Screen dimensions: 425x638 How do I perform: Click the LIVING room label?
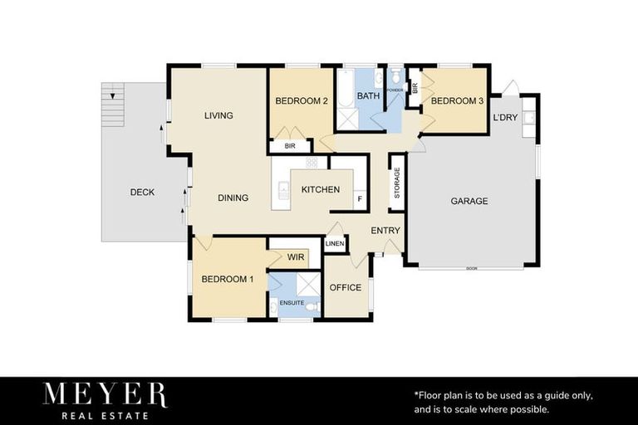pos(218,115)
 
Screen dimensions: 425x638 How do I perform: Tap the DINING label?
pos(233,198)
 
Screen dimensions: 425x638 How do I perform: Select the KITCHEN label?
pos(320,189)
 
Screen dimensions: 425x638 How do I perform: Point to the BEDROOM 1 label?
pos(228,279)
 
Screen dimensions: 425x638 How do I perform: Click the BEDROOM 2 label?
pos(301,100)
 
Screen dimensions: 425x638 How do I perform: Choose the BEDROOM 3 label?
pos(456,100)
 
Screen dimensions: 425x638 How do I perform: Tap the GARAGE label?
pos(469,201)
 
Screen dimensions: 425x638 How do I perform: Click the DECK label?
pos(142,192)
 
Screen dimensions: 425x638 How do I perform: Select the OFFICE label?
pos(346,287)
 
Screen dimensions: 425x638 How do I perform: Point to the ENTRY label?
pos(385,230)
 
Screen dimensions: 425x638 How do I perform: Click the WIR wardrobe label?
pos(295,257)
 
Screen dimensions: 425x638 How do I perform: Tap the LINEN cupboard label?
pos(334,244)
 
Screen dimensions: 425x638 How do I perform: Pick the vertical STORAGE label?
pos(397,183)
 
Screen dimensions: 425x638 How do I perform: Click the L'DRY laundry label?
pos(505,117)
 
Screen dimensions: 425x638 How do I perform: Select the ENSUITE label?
pos(291,302)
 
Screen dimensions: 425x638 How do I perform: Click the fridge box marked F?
pos(359,199)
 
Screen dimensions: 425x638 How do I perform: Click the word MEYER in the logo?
pos(105,395)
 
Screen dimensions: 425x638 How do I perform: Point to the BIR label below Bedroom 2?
pos(289,146)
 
